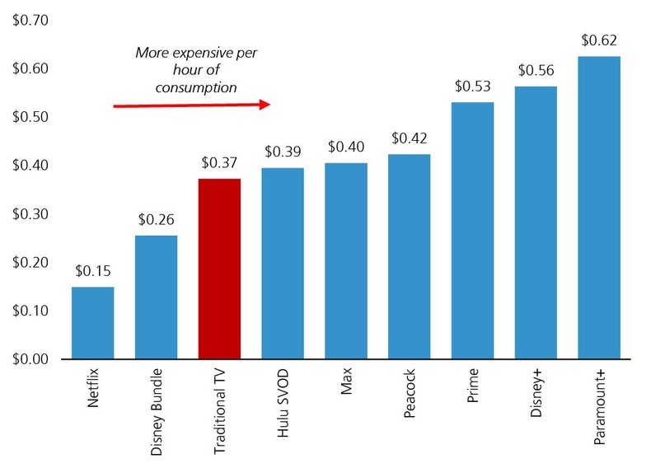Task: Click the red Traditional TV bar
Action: point(219,269)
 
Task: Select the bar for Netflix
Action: point(92,323)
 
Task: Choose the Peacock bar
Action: point(409,256)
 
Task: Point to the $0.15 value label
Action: point(92,270)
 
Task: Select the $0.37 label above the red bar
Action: point(219,162)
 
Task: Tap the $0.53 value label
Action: point(472,86)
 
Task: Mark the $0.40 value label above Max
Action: point(345,147)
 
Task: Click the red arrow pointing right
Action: point(191,105)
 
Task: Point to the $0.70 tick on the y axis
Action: point(28,20)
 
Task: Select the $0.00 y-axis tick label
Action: point(28,359)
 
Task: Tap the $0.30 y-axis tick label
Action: point(28,214)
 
